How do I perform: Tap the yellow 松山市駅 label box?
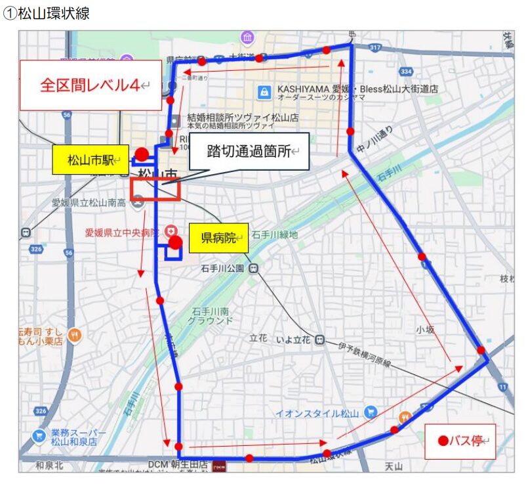tap(91, 160)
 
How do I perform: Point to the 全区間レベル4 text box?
tap(91, 85)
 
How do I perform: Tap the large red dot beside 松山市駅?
tap(141, 155)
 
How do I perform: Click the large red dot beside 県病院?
tap(175, 242)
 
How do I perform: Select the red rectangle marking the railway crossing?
tap(155, 188)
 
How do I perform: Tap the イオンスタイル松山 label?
tap(317, 413)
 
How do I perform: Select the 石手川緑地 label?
tap(275, 234)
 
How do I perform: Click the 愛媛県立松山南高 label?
tap(89, 203)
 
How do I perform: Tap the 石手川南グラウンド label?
tap(210, 317)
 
